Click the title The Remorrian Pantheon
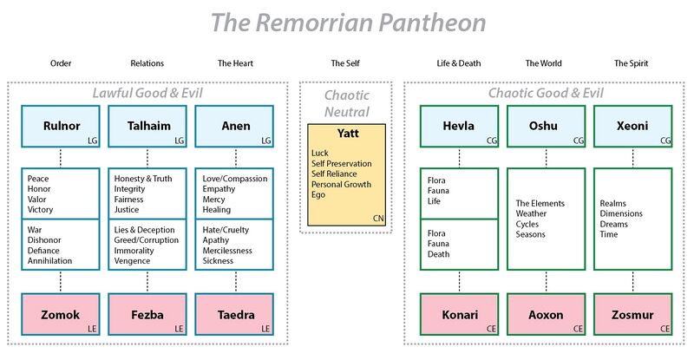coord(347,23)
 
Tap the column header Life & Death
coord(459,63)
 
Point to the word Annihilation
coord(49,260)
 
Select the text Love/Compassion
coord(233,179)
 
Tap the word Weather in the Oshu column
coord(531,213)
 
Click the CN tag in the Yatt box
coord(376,218)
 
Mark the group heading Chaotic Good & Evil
coord(544,93)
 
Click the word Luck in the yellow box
coord(320,153)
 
